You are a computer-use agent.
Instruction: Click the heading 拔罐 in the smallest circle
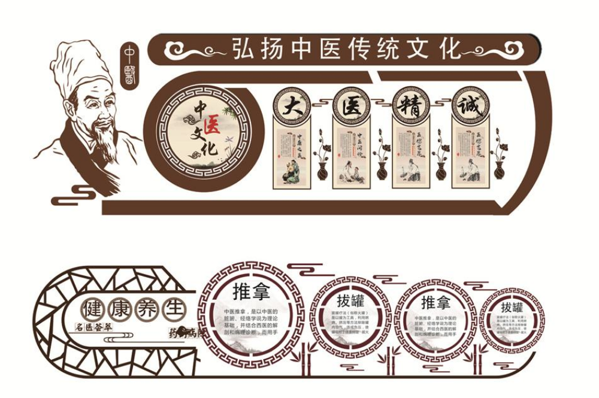(512, 307)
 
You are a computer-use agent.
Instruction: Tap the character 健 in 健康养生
(95, 309)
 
